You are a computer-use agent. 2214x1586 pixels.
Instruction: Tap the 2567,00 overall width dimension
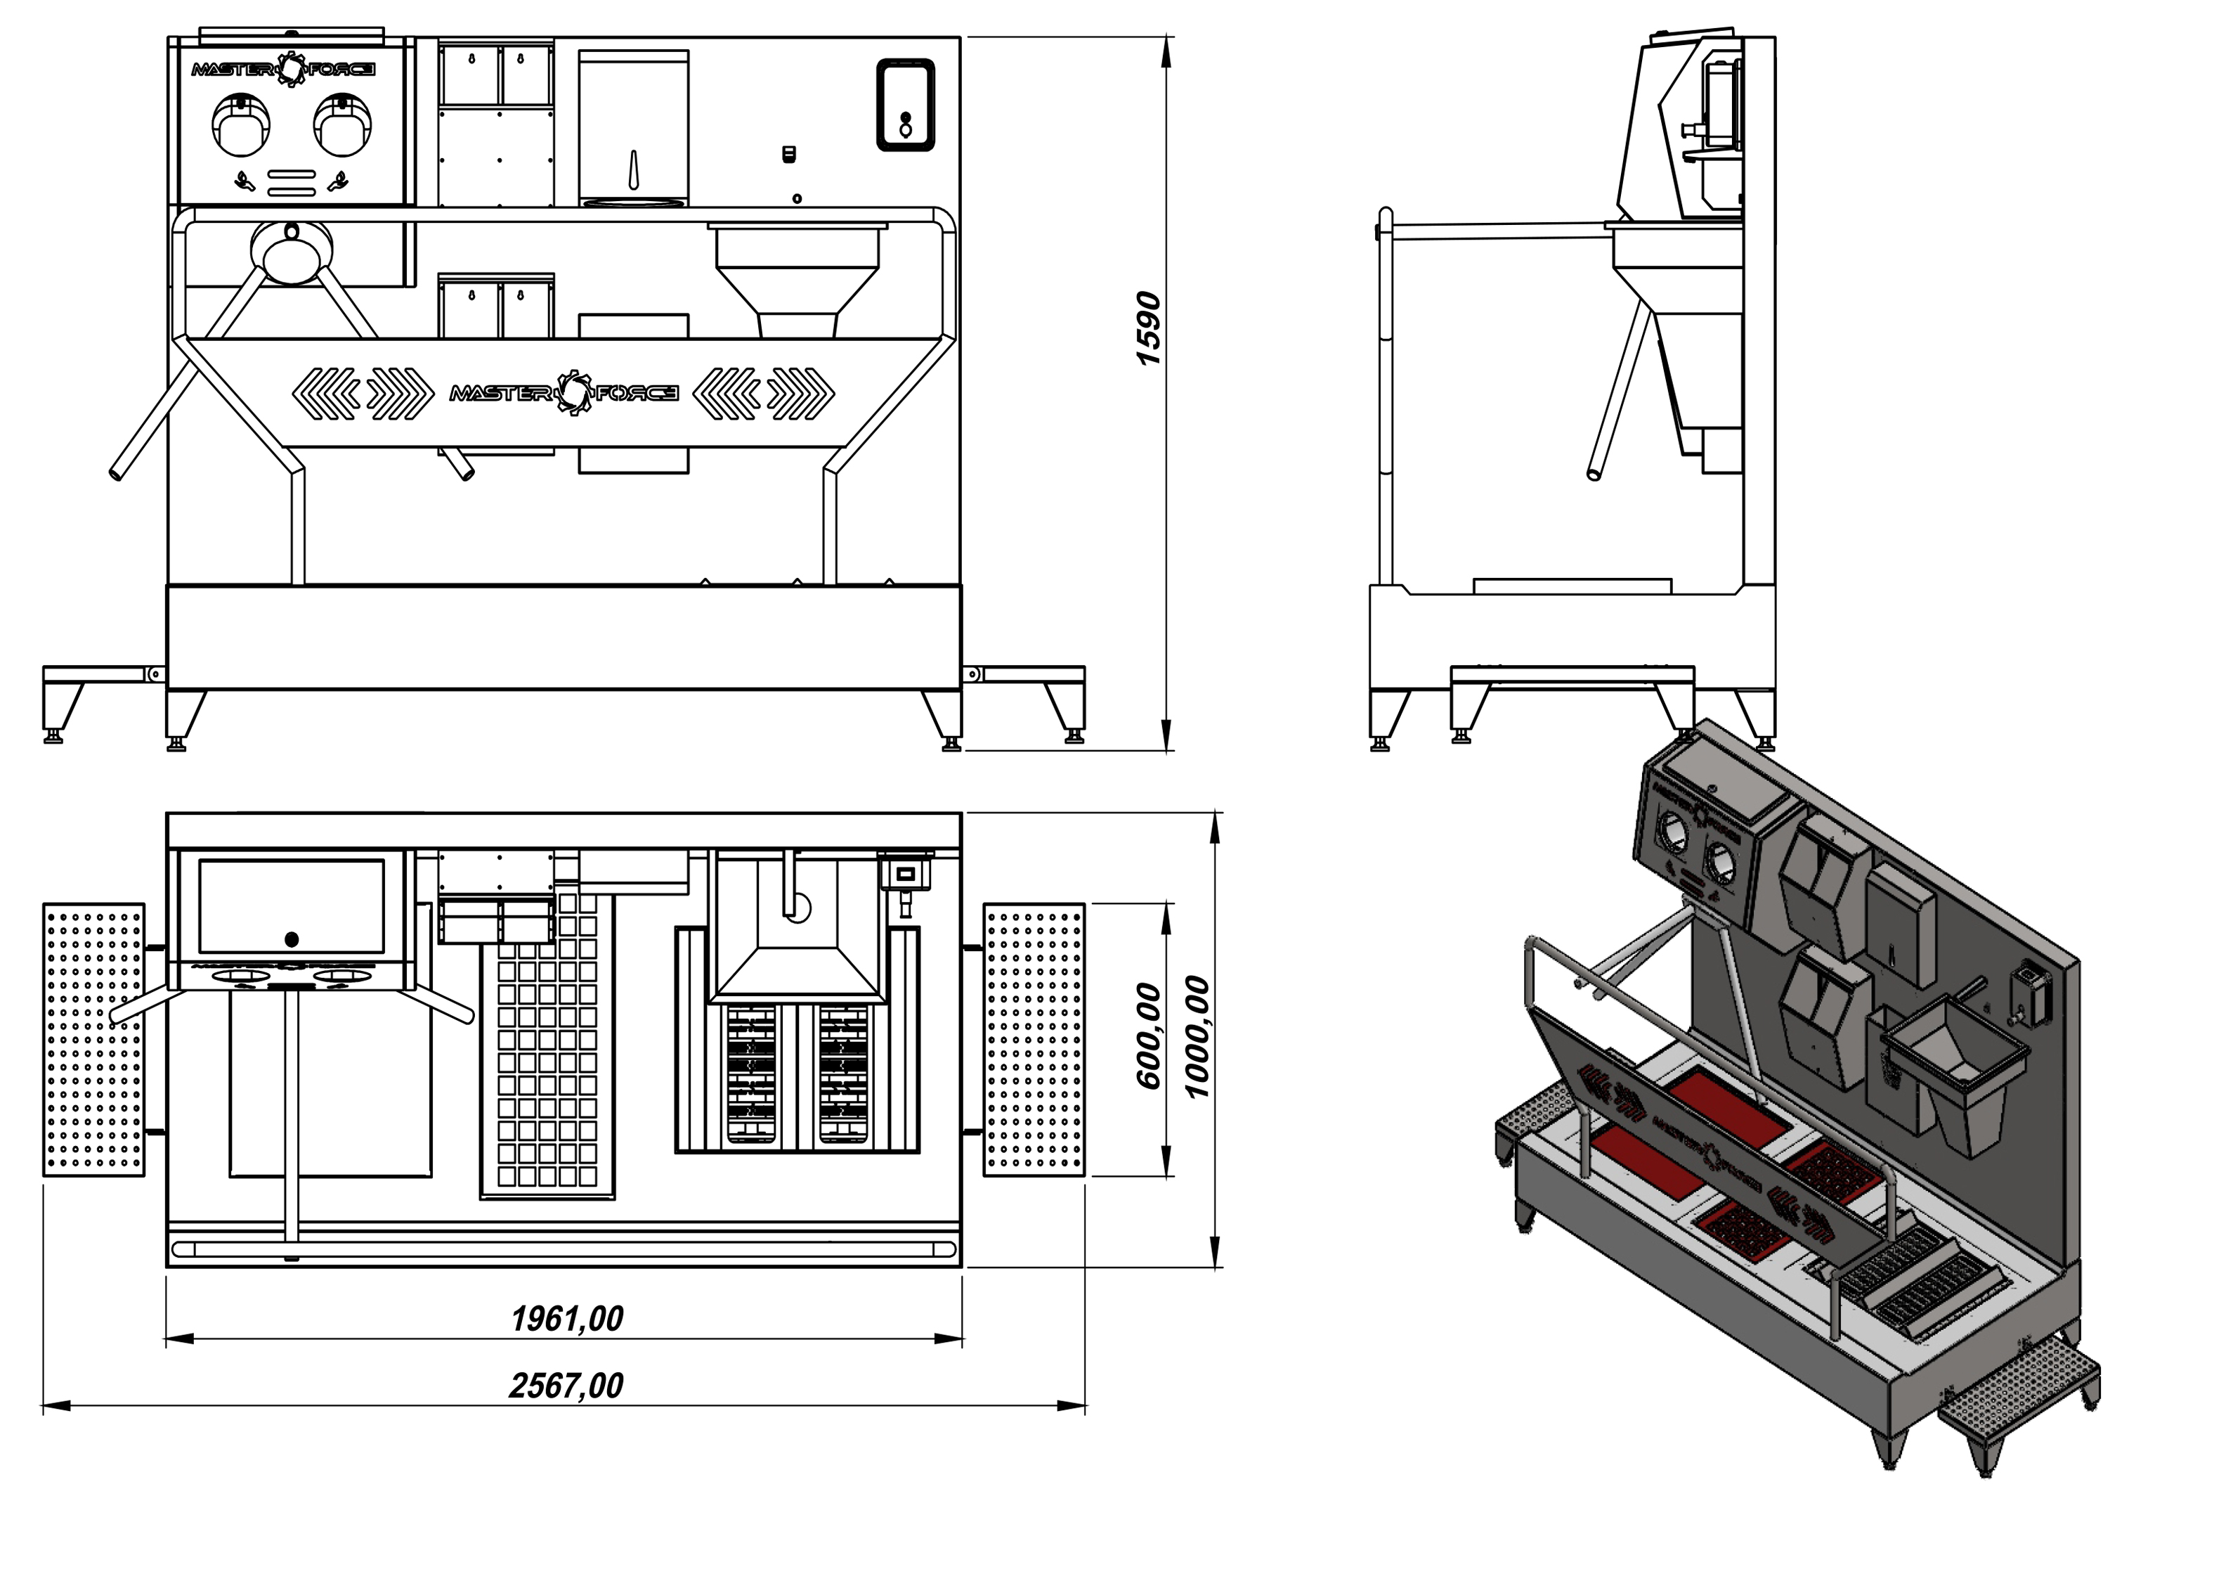click(566, 1386)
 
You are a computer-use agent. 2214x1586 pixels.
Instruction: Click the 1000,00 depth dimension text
click(1197, 1037)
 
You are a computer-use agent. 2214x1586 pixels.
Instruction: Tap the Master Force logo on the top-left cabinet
click(283, 68)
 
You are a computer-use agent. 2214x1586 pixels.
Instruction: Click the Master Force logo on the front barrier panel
click(564, 392)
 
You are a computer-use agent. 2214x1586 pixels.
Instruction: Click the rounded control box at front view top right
click(905, 105)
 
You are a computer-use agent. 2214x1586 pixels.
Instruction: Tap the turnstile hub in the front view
click(291, 248)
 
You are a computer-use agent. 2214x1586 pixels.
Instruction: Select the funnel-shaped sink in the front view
click(797, 278)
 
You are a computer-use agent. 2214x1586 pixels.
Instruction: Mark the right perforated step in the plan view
click(1034, 1039)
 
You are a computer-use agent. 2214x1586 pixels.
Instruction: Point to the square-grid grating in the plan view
click(547, 1055)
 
